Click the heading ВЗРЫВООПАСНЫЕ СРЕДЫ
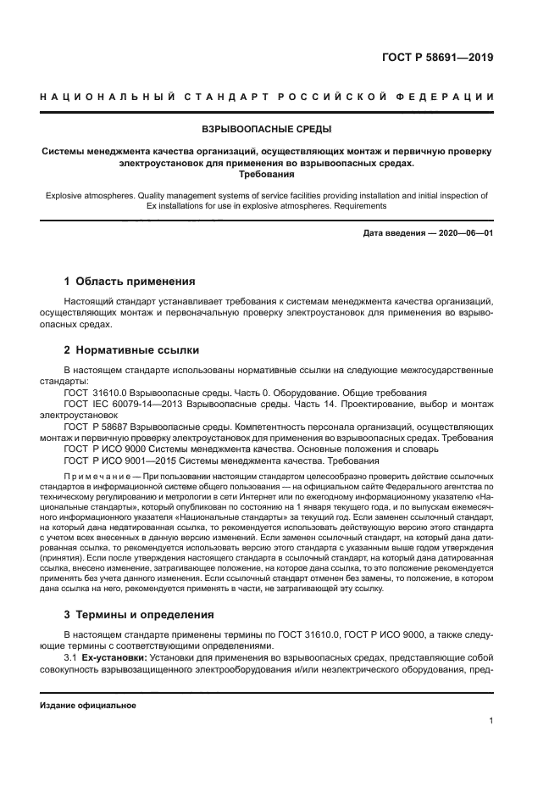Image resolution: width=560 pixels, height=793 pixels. (267, 131)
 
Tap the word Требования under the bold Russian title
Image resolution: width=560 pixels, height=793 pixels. (267, 175)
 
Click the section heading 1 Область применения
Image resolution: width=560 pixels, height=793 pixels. (130, 281)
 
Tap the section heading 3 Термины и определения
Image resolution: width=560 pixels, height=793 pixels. (140, 614)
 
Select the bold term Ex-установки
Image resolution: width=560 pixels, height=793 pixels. (114, 659)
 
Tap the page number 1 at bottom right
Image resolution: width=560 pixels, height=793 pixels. (491, 721)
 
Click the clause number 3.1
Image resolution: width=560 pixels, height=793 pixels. (70, 659)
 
